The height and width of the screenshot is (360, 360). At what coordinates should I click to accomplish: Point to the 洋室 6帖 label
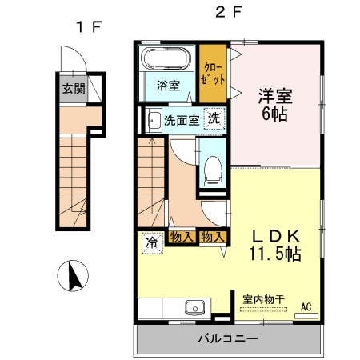pyautogui.click(x=274, y=104)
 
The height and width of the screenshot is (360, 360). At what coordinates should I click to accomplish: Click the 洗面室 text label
pyautogui.click(x=180, y=122)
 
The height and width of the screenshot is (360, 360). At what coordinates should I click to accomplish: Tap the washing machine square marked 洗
pyautogui.click(x=214, y=118)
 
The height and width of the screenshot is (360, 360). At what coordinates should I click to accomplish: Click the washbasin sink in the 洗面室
pyautogui.click(x=154, y=122)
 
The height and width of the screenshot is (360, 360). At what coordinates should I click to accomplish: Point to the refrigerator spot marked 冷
pyautogui.click(x=151, y=241)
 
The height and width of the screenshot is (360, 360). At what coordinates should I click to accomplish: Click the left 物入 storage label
pyautogui.click(x=182, y=237)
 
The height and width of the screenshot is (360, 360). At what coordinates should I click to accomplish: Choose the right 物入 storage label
pyautogui.click(x=212, y=237)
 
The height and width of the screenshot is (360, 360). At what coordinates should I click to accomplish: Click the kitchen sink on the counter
pyautogui.click(x=194, y=308)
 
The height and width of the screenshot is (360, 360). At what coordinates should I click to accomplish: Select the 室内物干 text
pyautogui.click(x=263, y=299)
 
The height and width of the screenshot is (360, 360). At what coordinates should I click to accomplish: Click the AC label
pyautogui.click(x=306, y=306)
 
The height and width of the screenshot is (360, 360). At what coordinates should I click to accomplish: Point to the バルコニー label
pyautogui.click(x=228, y=339)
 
